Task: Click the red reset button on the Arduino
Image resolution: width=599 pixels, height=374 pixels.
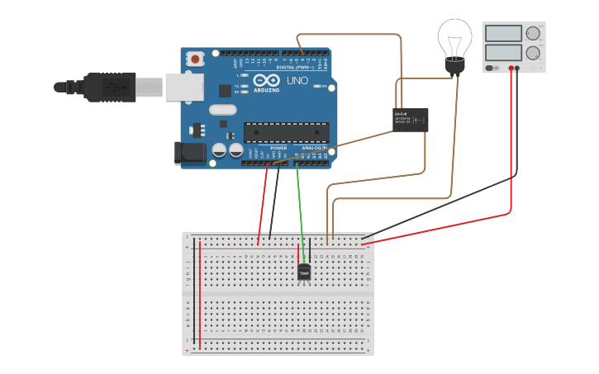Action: click(x=195, y=59)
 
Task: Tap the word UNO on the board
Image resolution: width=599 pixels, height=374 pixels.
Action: click(x=296, y=81)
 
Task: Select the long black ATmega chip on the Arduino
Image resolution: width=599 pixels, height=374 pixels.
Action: click(x=286, y=132)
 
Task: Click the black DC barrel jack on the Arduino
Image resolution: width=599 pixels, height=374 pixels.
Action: click(x=189, y=152)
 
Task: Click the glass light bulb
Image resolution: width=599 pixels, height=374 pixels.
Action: click(x=454, y=39)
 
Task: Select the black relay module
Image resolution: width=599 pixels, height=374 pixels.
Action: click(x=411, y=120)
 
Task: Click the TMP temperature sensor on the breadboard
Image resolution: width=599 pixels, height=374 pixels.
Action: click(x=304, y=272)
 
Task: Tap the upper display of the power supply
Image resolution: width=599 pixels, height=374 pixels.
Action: click(x=503, y=34)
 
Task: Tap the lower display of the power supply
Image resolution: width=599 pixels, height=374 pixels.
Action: click(x=503, y=52)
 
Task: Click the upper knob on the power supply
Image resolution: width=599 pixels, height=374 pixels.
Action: click(x=533, y=34)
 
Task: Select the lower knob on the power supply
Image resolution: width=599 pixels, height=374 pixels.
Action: click(x=533, y=53)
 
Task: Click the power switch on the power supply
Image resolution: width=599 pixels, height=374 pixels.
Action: click(x=492, y=69)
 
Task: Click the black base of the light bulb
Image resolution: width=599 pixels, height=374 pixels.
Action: click(x=454, y=67)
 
